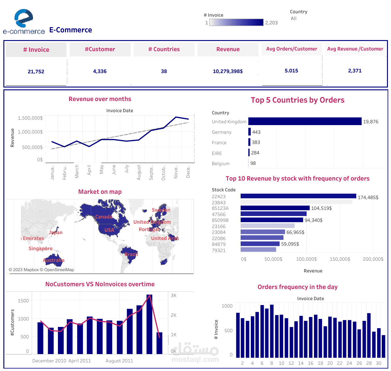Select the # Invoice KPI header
click(36, 50)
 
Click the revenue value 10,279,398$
click(228, 71)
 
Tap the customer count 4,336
click(100, 71)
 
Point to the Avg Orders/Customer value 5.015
click(291, 71)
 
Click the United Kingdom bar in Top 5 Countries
click(305, 121)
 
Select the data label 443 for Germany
click(256, 132)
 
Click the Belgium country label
click(221, 164)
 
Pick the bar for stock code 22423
click(298, 196)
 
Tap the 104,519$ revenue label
click(321, 208)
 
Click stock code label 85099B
click(220, 220)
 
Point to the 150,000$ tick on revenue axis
click(340, 259)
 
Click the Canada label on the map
click(104, 217)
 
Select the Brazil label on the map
click(131, 255)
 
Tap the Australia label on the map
click(54, 260)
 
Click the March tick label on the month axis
click(77, 171)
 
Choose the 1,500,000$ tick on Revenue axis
click(30, 118)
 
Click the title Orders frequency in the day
click(297, 287)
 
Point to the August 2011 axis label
click(119, 361)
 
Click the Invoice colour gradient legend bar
click(236, 22)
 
